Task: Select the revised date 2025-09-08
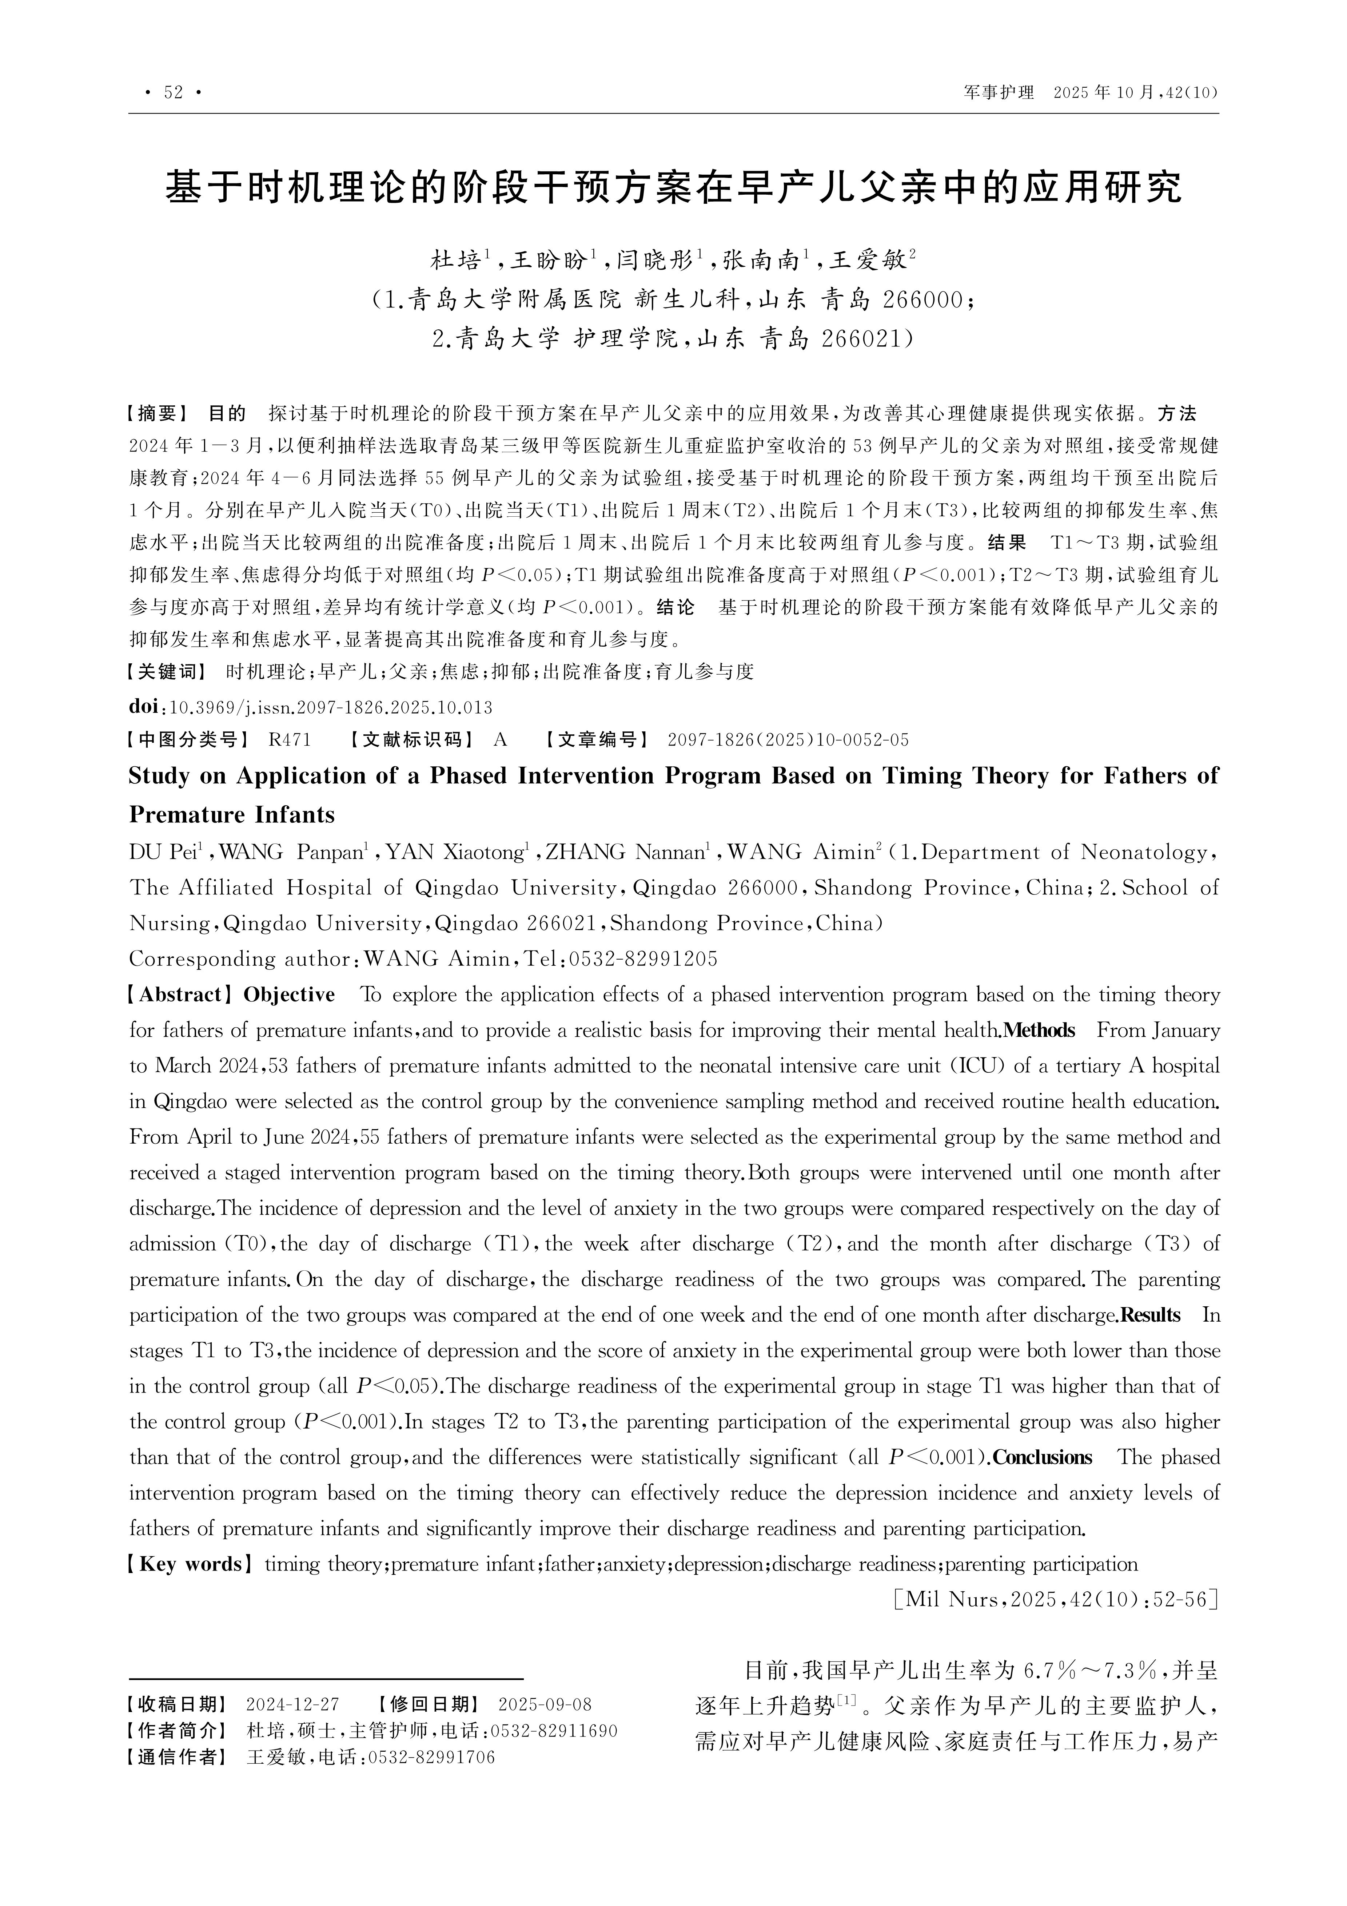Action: pos(545,1704)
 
